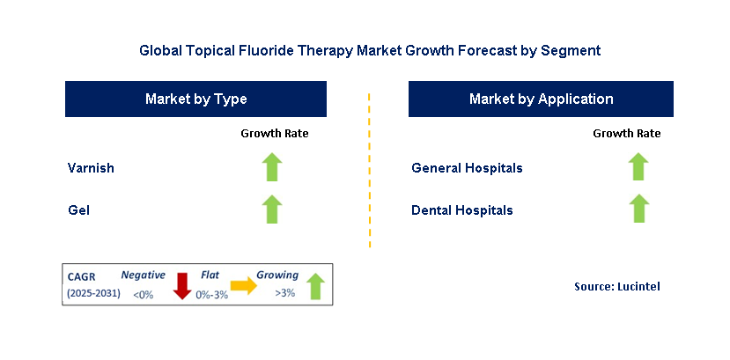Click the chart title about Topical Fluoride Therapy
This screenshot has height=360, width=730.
click(x=370, y=51)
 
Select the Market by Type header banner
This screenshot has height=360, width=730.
click(x=195, y=99)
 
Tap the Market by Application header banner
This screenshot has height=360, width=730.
click(x=541, y=99)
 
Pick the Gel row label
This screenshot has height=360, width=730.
click(x=77, y=210)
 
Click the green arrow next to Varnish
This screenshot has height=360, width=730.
click(x=273, y=166)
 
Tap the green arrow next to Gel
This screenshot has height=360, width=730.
click(x=273, y=209)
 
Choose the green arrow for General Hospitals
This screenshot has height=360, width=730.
click(x=638, y=166)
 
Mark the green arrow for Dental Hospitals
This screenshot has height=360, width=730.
click(x=638, y=209)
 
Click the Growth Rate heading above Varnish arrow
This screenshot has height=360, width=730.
click(x=274, y=134)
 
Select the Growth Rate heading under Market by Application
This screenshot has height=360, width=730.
click(x=626, y=134)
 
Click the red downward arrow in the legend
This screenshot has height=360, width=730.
click(x=182, y=285)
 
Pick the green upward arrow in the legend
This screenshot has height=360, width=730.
click(x=314, y=285)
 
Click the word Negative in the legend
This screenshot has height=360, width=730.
click(x=143, y=276)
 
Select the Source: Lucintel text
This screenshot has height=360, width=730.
click(x=616, y=286)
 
